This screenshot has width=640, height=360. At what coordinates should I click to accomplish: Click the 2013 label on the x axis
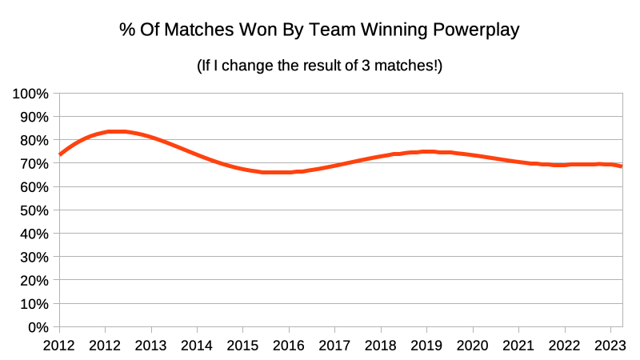[151, 346]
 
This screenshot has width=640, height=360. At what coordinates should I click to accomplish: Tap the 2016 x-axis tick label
[289, 346]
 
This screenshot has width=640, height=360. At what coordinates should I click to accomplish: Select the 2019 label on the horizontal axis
[426, 346]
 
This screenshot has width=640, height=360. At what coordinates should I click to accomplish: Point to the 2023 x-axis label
[610, 346]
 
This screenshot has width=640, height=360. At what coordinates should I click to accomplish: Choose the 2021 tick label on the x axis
[518, 346]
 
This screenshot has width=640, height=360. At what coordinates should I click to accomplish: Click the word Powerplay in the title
[478, 31]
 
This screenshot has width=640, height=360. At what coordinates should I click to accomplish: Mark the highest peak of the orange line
[117, 131]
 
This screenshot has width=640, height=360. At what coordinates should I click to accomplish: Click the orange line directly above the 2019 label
[426, 151]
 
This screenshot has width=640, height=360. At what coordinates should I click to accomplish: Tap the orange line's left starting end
[60, 154]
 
